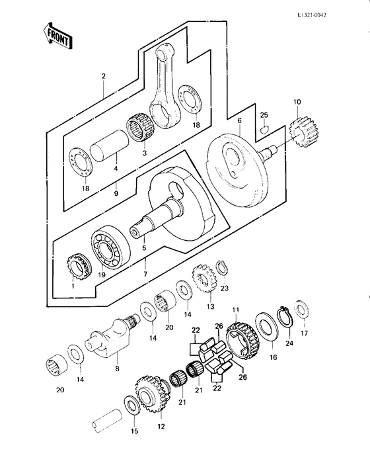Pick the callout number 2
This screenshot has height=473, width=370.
[x=103, y=76]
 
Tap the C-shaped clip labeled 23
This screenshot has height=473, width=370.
[x=223, y=267]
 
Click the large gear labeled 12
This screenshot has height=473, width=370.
[x=151, y=392]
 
